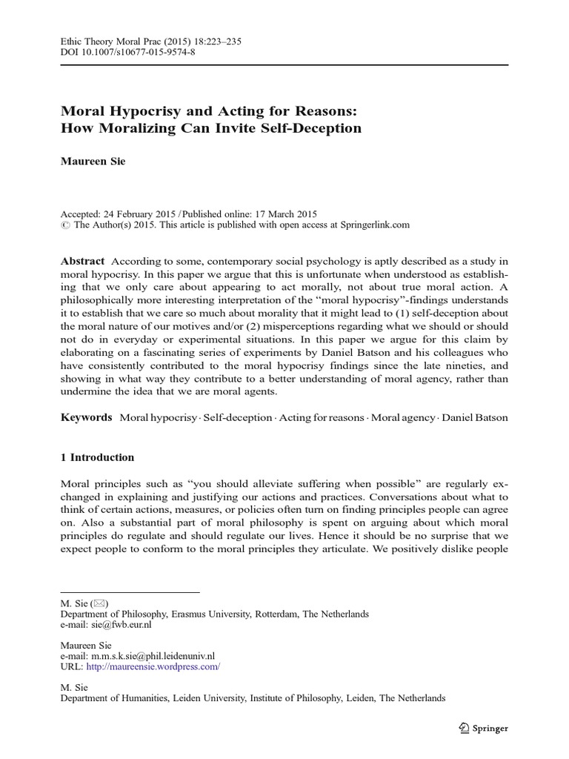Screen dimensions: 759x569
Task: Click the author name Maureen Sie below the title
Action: click(x=92, y=160)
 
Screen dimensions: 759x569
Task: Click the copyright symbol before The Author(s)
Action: click(x=64, y=225)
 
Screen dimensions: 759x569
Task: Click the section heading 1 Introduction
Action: click(x=97, y=457)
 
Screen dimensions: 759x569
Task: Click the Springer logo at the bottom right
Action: click(x=482, y=729)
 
